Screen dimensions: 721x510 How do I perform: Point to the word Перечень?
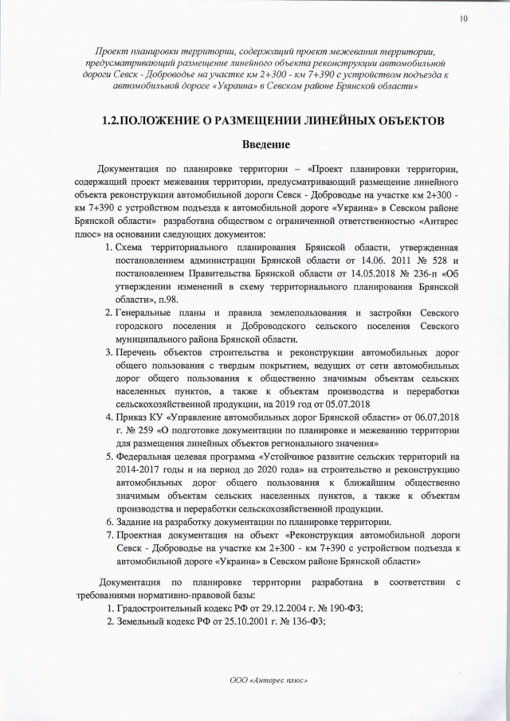click(139, 351)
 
